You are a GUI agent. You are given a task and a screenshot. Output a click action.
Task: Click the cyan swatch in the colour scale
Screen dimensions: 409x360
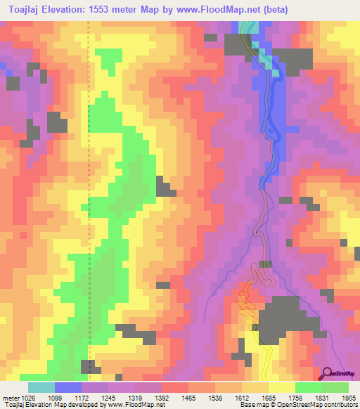point(41,387)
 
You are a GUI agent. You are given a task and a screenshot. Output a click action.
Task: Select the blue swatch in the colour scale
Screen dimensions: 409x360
point(68,387)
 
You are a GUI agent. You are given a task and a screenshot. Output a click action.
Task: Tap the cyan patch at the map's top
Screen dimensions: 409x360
point(246,27)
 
